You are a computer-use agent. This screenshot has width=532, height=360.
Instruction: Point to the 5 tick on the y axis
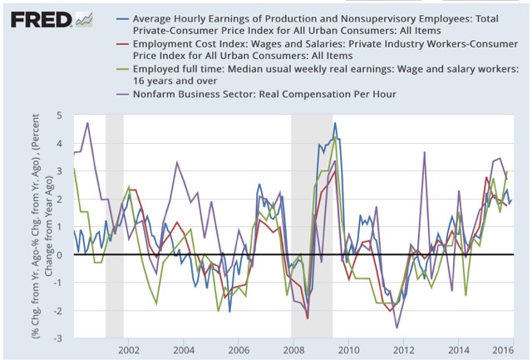[60, 114]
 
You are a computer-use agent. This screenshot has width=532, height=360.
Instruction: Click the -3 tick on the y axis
[57, 339]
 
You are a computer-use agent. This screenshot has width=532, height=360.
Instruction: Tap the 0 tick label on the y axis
[60, 254]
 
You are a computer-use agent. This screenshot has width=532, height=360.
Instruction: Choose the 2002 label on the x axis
[129, 350]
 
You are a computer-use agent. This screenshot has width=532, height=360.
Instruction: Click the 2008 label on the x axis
[292, 350]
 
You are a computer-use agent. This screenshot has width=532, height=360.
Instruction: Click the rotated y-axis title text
[40, 226]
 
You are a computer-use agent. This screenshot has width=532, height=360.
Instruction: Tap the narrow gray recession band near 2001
[114, 224]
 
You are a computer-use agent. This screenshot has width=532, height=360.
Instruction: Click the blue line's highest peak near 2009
[335, 123]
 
